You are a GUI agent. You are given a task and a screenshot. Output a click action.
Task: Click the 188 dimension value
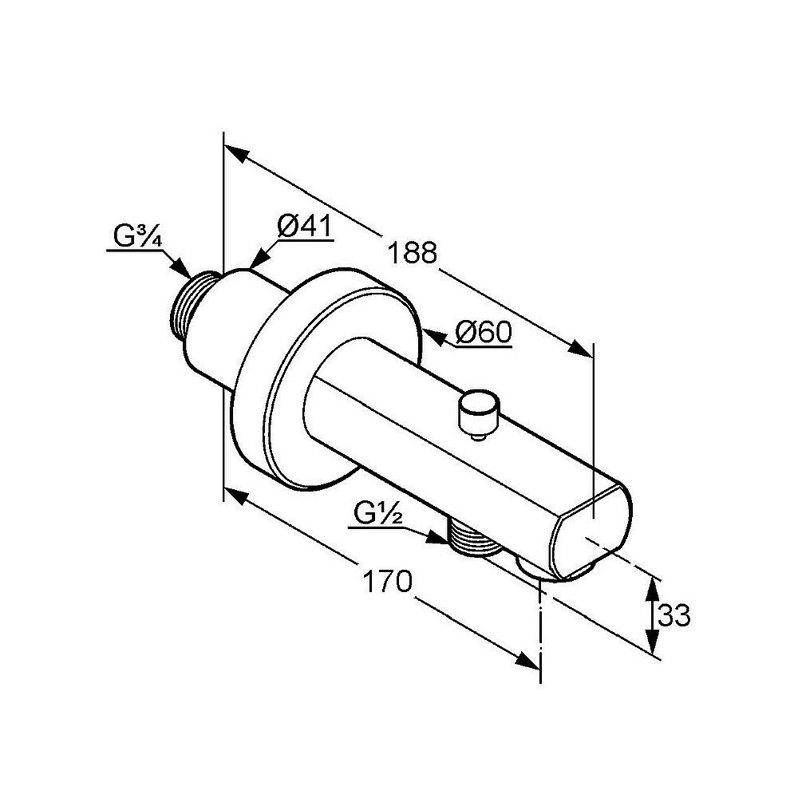[x=412, y=252]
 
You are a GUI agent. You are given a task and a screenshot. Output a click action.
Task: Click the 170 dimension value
[x=386, y=581]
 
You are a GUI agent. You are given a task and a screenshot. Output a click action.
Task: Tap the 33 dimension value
[x=674, y=616]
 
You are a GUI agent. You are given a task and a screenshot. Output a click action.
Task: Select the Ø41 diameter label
[x=304, y=226]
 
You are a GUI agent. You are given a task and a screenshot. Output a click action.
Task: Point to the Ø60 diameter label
[x=484, y=333]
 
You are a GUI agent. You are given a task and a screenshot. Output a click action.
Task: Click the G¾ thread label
[x=137, y=237]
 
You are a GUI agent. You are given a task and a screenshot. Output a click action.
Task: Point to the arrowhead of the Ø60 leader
[x=432, y=337]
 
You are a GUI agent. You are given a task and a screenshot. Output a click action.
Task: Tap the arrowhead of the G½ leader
[x=437, y=538]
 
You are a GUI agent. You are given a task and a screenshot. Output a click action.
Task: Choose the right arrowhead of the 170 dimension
[x=527, y=661]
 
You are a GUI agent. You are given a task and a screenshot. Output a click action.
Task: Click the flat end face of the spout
[x=591, y=531]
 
